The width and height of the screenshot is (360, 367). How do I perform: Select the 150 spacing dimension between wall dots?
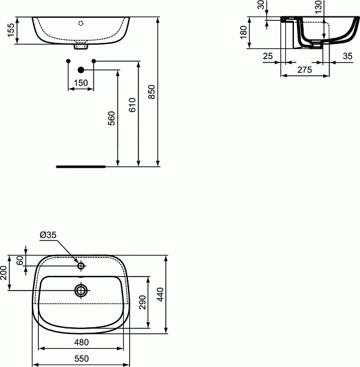click(x=81, y=83)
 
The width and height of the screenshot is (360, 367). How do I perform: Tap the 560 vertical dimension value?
click(x=111, y=117)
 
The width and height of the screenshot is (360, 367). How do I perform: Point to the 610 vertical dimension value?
click(x=132, y=106)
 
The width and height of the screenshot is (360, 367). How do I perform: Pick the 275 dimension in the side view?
click(x=304, y=70)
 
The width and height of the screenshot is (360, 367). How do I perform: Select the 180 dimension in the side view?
click(x=243, y=35)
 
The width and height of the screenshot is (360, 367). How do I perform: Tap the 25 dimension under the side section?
click(x=267, y=56)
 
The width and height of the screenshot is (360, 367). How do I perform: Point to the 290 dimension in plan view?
click(x=142, y=304)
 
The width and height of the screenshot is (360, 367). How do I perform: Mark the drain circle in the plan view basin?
click(x=81, y=289)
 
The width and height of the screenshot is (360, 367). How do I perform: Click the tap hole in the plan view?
click(x=81, y=266)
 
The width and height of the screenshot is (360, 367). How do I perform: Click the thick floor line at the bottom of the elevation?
click(x=81, y=166)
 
